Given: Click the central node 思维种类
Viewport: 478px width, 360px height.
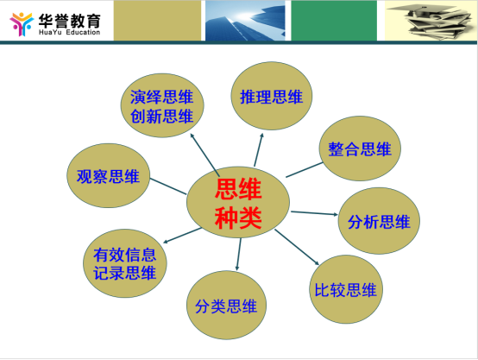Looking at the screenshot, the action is pyautogui.click(x=238, y=202).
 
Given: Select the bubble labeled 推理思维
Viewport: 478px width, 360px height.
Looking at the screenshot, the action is pyautogui.click(x=271, y=96).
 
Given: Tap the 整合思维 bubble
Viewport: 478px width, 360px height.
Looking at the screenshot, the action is pyautogui.click(x=360, y=148).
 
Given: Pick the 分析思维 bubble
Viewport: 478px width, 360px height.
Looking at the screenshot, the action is pyautogui.click(x=379, y=221).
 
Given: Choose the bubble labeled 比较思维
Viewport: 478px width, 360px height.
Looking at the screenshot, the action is pyautogui.click(x=346, y=289).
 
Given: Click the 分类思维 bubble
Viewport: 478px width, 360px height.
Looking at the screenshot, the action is pyautogui.click(x=226, y=305).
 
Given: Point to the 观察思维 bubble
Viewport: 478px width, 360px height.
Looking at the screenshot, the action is pyautogui.click(x=108, y=176).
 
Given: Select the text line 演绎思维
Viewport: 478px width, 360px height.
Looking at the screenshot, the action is pyautogui.click(x=161, y=97).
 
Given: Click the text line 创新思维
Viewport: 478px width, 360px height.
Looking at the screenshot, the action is pyautogui.click(x=161, y=117).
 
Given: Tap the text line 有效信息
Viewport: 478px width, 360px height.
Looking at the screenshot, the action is pyautogui.click(x=125, y=255).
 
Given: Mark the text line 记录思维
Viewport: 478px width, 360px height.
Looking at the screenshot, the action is pyautogui.click(x=125, y=273).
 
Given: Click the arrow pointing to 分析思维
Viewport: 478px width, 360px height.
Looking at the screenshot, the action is pyautogui.click(x=314, y=213).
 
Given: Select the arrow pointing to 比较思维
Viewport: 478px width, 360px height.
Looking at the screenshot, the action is pyautogui.click(x=297, y=247).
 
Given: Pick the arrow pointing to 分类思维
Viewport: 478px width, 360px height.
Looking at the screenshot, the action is pyautogui.click(x=239, y=254).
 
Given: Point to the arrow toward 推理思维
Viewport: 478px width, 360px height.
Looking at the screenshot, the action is pyautogui.click(x=259, y=150).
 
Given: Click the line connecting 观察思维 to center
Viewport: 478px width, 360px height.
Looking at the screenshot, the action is pyautogui.click(x=168, y=186).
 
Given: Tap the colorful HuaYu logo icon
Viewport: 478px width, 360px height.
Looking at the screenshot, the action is pyautogui.click(x=22, y=24).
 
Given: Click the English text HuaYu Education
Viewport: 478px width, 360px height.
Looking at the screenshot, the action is pyautogui.click(x=70, y=32).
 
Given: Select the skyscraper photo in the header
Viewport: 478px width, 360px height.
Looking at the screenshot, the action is pyautogui.click(x=245, y=21).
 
